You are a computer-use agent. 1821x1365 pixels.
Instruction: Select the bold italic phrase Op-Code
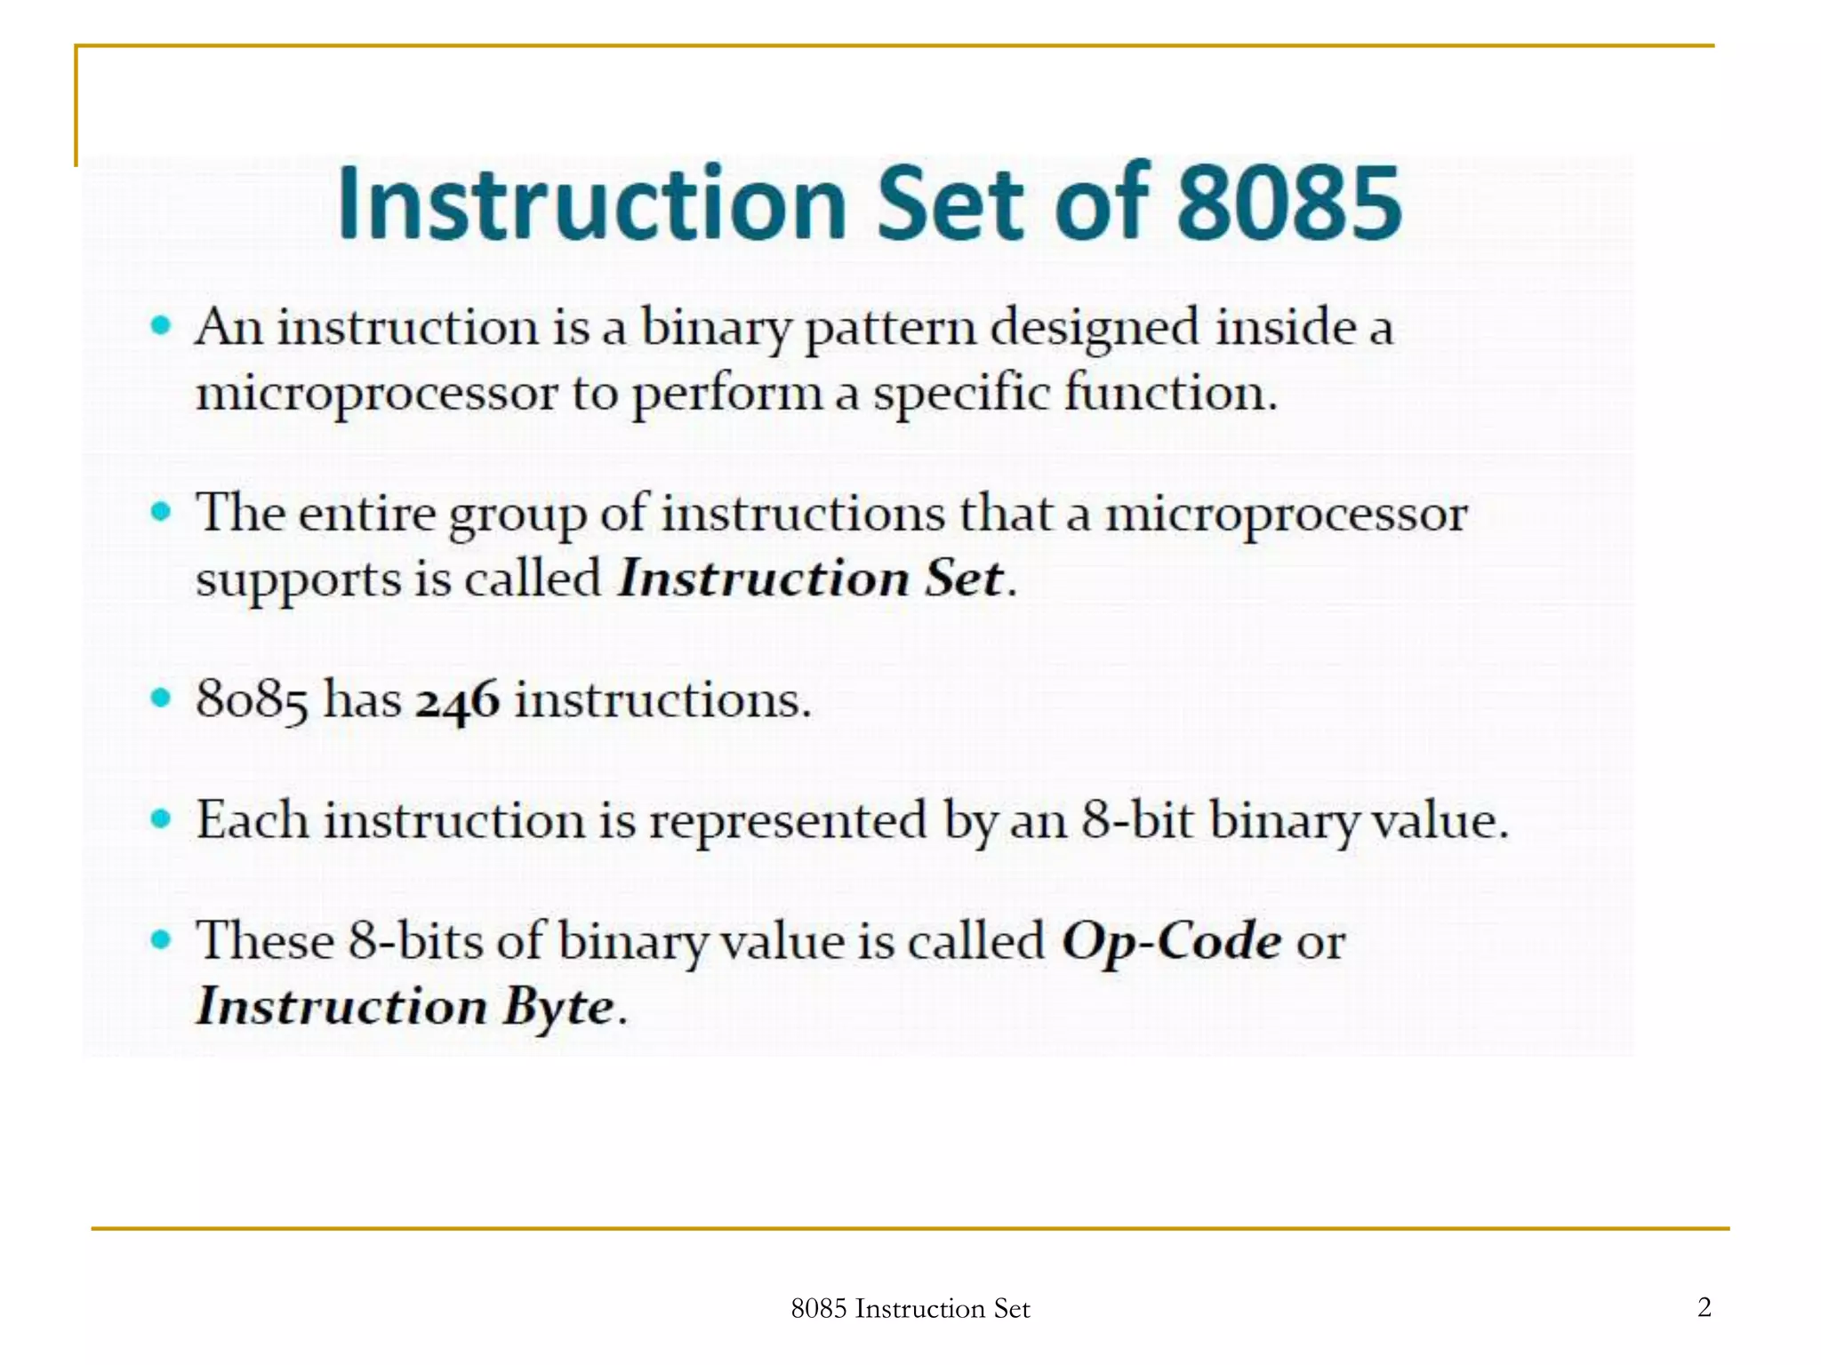(1171, 941)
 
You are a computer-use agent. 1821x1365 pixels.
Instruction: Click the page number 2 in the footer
(1704, 1306)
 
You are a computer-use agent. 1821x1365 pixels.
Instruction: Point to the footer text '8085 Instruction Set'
(910, 1308)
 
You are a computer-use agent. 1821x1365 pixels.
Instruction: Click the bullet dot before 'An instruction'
(161, 325)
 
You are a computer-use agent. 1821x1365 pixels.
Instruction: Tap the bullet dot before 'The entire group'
(161, 512)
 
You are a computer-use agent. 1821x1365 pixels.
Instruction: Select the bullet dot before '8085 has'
(161, 698)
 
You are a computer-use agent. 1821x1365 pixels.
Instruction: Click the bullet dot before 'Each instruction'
(161, 818)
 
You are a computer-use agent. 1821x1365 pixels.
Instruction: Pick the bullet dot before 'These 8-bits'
(161, 939)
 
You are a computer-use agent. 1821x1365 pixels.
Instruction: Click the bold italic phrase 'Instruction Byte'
(405, 1007)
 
